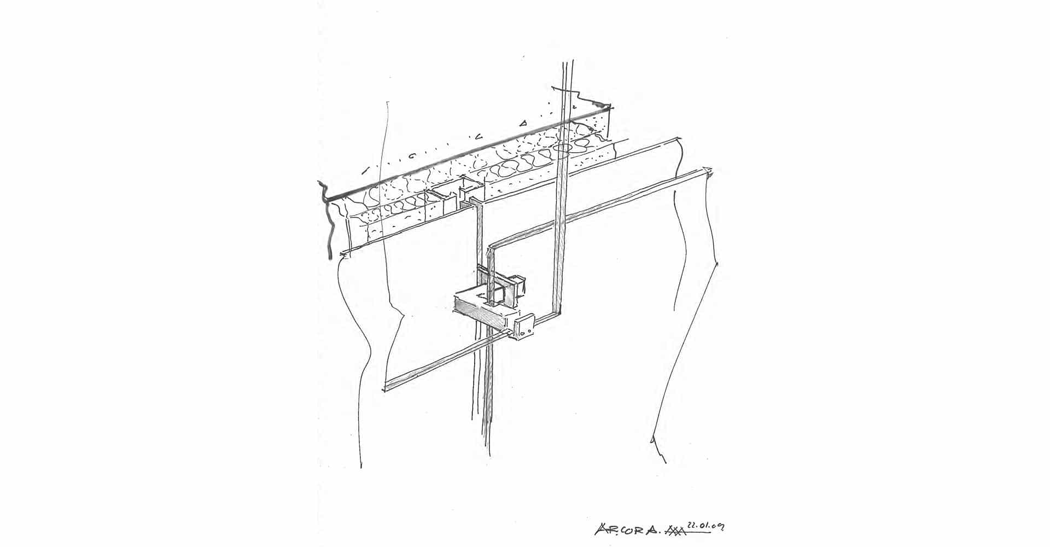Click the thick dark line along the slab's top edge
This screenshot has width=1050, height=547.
(x=465, y=148)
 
